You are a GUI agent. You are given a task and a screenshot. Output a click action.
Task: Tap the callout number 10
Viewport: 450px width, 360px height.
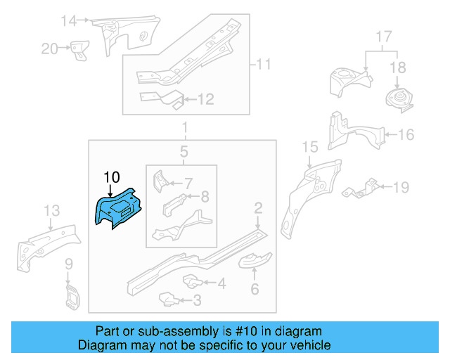tap(112, 176)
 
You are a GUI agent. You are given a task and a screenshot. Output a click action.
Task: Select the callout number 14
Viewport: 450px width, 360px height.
tap(68, 20)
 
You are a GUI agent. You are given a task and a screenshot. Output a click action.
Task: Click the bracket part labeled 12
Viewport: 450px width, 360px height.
tap(158, 98)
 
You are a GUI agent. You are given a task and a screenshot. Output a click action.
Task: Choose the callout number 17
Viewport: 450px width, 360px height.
tap(382, 37)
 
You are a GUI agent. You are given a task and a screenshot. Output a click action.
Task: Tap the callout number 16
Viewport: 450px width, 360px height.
tap(406, 134)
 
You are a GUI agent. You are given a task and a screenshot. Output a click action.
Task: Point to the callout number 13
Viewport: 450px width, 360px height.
tap(51, 211)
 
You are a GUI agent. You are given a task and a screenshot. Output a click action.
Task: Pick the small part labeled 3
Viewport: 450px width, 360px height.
tap(168, 299)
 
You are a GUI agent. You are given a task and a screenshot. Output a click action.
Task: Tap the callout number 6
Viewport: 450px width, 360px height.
tap(255, 289)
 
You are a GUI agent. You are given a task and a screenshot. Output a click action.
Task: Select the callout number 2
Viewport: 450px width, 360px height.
tap(258, 207)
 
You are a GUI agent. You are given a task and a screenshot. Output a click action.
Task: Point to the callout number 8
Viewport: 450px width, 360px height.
tap(204, 197)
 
